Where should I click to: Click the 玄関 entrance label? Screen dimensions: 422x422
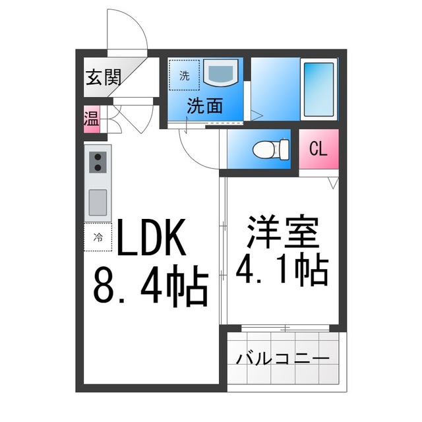(104, 77)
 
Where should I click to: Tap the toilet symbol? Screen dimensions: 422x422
(271, 149)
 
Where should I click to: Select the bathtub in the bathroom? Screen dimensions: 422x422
(319, 90)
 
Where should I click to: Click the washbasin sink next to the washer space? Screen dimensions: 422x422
(221, 72)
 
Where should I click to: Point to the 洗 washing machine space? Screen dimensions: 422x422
(185, 75)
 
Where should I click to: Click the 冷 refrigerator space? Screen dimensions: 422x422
(98, 237)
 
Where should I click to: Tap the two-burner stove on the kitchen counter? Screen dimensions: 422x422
(98, 162)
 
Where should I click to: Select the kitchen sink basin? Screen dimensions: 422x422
(98, 202)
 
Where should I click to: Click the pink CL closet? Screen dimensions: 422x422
(318, 149)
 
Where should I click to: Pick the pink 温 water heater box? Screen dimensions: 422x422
(92, 119)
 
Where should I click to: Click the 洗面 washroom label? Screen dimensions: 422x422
(205, 105)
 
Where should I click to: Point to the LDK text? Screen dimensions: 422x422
(151, 237)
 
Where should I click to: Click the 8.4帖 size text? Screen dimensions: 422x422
(151, 286)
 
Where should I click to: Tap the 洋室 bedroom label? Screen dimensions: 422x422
(283, 231)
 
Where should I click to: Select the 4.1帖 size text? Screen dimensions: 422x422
(282, 268)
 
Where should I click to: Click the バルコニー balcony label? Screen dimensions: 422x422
(283, 358)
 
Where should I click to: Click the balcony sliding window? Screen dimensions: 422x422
(286, 328)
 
